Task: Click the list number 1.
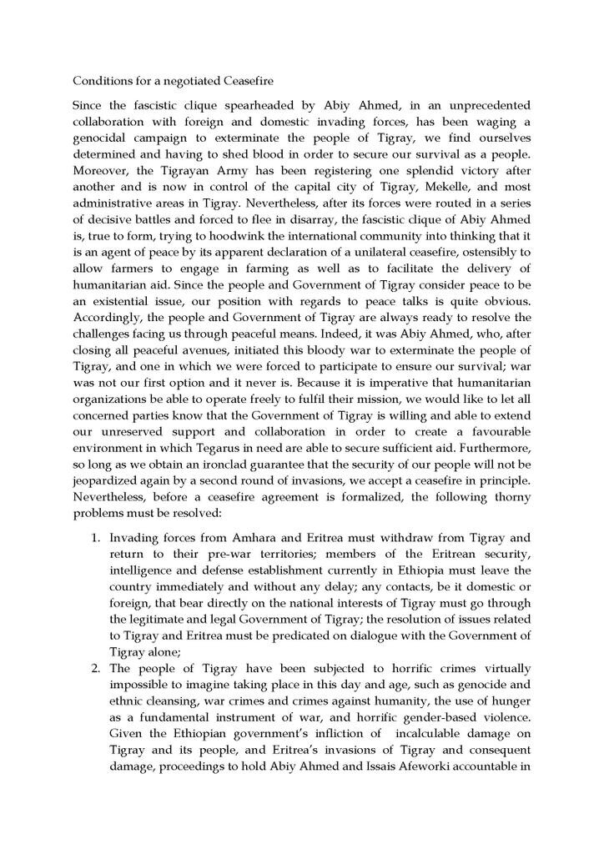click(x=94, y=538)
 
